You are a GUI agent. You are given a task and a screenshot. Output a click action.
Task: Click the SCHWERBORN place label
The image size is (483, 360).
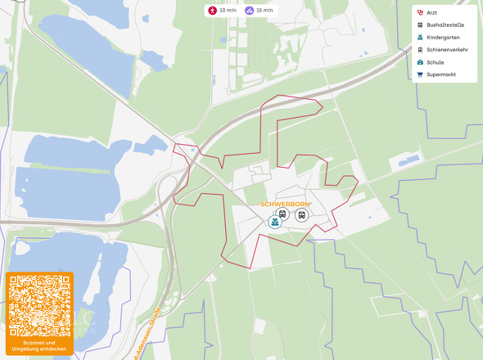point(285,204)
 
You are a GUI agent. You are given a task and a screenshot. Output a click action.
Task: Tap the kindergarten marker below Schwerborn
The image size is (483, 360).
point(275,222)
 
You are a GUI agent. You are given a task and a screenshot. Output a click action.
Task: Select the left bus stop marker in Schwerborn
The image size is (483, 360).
point(282,215)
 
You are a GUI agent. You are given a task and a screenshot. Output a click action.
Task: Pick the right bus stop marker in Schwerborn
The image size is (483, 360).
point(302,215)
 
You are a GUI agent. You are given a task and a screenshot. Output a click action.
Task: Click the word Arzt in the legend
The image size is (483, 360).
point(431,13)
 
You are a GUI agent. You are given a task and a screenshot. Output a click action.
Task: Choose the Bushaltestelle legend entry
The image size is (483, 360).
point(445,25)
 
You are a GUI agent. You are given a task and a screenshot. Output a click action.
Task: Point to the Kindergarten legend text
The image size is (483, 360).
point(444,38)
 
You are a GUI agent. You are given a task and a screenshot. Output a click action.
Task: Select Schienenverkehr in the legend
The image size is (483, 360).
point(447,50)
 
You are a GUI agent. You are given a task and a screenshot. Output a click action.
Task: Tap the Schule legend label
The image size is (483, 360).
point(436,62)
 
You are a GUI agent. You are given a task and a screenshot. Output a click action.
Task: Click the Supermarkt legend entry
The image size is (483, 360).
point(441,74)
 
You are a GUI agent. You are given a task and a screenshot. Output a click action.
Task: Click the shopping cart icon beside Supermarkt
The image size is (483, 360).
point(420,74)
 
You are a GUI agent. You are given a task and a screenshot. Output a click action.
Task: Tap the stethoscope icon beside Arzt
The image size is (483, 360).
point(420,13)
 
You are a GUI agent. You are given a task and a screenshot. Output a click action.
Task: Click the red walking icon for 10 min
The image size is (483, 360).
point(212,11)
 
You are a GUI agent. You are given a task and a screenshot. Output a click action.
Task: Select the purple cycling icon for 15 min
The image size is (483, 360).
point(248,11)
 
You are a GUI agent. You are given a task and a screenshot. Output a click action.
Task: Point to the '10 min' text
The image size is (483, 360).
point(228,11)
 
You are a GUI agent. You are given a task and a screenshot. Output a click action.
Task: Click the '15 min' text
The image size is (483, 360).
point(264,11)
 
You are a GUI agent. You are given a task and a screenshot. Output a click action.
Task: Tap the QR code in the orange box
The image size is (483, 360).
point(39,305)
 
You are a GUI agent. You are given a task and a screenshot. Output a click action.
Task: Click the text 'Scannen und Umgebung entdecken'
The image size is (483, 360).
point(39,346)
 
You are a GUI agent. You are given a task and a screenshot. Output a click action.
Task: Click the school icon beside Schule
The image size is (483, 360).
point(420,62)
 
